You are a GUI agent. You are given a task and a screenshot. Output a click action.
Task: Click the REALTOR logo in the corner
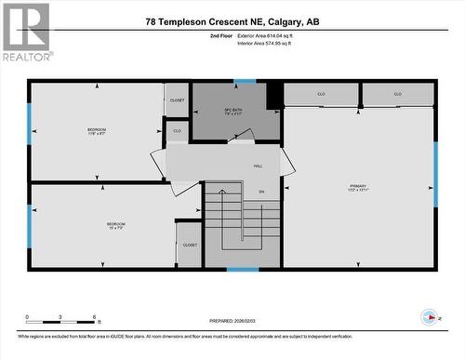pos(25,32)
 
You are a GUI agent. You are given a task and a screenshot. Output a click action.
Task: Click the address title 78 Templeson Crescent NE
pos(232,21)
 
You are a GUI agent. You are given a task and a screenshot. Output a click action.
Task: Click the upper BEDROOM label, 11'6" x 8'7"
pos(97,130)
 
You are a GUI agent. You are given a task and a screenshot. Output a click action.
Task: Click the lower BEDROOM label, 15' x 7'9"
pos(115,225)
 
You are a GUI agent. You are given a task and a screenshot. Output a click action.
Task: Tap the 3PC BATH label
pos(233,113)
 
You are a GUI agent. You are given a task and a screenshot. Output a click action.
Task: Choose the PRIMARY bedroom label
pos(358,188)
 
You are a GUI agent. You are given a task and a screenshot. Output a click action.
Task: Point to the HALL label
pos(258,166)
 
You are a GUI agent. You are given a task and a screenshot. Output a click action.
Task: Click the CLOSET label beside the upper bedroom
pos(177,100)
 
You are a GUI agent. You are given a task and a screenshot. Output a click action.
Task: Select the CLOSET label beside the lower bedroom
pos(190,245)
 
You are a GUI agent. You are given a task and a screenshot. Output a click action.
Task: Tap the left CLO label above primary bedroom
pos(321,94)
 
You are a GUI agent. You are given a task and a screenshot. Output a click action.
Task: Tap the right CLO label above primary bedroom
pos(397,94)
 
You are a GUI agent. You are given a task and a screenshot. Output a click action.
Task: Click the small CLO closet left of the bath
pos(178,131)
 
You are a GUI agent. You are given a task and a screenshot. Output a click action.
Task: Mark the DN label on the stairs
pos(262,192)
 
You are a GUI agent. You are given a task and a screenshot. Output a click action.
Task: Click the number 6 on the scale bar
pos(95,317)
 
